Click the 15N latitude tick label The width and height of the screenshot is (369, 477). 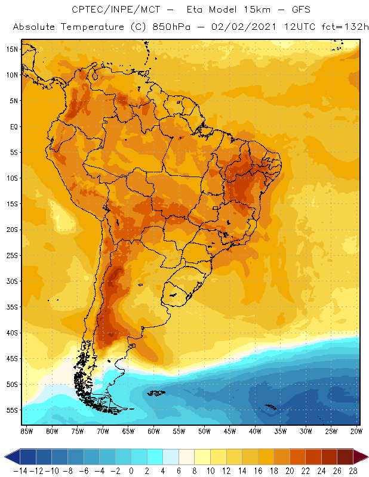point(13,49)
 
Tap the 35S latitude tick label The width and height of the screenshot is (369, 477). point(13,307)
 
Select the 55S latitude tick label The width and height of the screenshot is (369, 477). point(13,410)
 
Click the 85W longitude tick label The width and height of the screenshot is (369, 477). point(27,431)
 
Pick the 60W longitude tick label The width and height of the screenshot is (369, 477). point(154,431)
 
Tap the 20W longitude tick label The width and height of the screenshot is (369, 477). point(357,431)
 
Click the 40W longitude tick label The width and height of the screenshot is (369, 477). point(256,431)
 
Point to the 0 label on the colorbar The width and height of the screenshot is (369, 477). point(131,471)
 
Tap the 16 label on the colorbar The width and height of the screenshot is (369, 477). point(258,471)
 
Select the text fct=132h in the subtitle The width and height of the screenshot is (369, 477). point(346,27)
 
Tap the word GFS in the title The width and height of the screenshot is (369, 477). point(287,10)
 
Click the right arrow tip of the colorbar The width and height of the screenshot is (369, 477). point(365,457)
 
